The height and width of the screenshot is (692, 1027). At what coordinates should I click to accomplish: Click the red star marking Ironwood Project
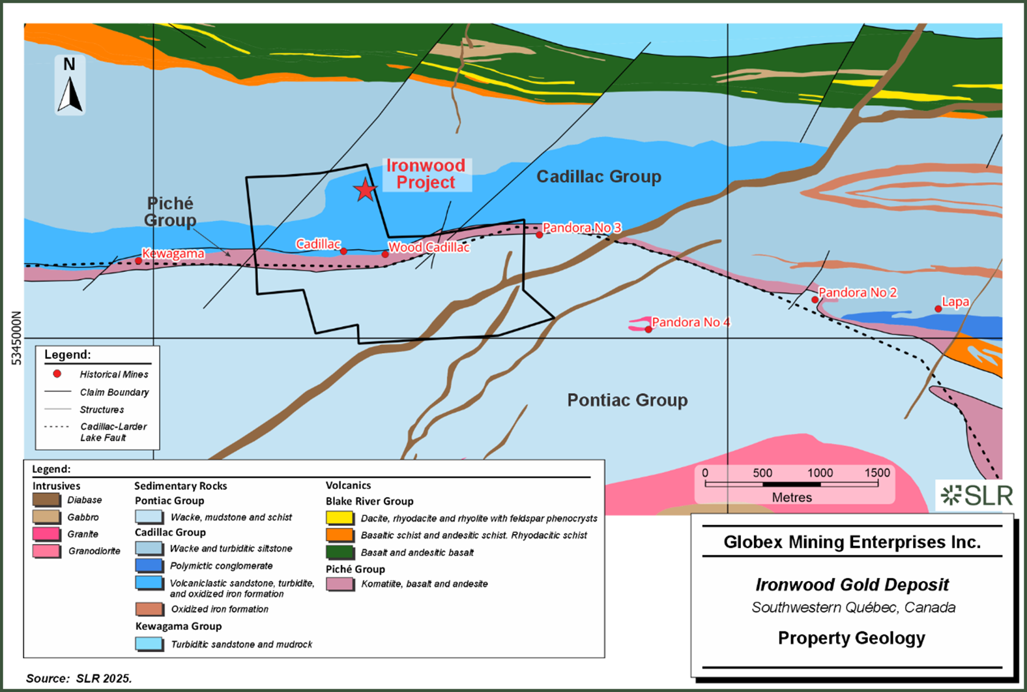click(365, 190)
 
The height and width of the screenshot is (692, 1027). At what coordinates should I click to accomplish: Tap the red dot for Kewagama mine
click(138, 261)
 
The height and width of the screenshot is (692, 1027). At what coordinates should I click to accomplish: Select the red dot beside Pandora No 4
click(648, 329)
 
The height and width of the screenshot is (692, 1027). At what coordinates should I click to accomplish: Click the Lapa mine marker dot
click(938, 308)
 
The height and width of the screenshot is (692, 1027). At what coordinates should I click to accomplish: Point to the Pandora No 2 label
click(858, 292)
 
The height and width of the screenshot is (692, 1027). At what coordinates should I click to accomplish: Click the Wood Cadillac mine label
click(429, 247)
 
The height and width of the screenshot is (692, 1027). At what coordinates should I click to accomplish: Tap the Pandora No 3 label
click(582, 228)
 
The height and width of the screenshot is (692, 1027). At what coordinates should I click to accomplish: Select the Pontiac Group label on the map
click(627, 400)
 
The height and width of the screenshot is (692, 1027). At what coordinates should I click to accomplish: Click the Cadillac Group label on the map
click(598, 176)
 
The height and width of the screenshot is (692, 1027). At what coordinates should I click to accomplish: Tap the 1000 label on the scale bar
click(820, 473)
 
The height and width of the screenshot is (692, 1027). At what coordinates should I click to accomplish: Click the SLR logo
click(976, 496)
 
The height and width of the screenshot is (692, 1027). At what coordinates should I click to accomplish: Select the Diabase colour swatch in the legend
click(46, 500)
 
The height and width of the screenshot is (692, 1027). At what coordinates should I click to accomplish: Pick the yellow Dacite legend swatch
click(340, 519)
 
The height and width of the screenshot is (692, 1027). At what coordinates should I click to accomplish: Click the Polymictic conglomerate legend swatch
click(149, 565)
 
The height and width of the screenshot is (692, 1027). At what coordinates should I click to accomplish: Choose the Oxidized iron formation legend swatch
click(149, 609)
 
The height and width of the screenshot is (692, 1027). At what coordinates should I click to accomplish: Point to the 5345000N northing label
click(17, 338)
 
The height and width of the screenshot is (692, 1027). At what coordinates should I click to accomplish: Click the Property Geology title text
click(851, 638)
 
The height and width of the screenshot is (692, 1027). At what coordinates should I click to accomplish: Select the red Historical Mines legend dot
click(57, 374)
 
